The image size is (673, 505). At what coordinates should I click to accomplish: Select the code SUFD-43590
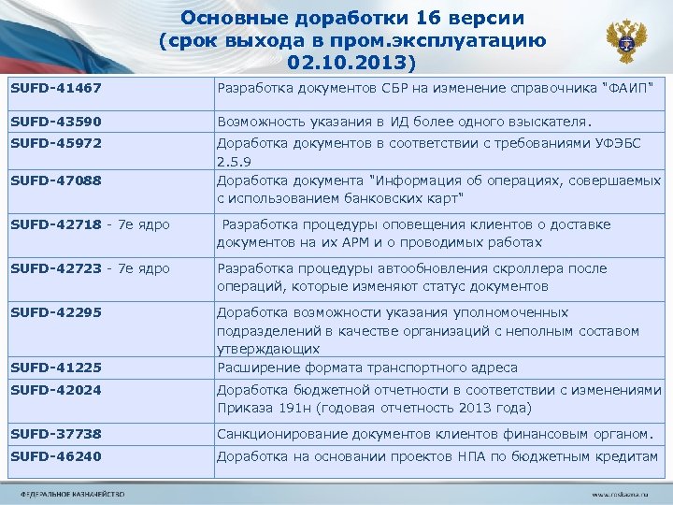click(x=55, y=122)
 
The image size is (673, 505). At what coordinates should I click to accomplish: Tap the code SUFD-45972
click(x=55, y=145)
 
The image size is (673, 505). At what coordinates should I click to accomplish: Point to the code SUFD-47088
click(x=55, y=180)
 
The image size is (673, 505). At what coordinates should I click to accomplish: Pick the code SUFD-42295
click(x=55, y=312)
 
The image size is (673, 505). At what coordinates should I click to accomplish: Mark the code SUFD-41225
click(x=55, y=368)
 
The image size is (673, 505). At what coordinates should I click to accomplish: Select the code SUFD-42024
click(x=55, y=390)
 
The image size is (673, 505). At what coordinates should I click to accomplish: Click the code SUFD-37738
click(x=55, y=433)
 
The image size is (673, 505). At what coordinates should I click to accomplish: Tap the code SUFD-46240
click(x=55, y=456)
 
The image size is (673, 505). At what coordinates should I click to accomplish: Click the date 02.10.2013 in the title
click(x=349, y=64)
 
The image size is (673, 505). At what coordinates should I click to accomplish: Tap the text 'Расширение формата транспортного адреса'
click(x=367, y=368)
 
